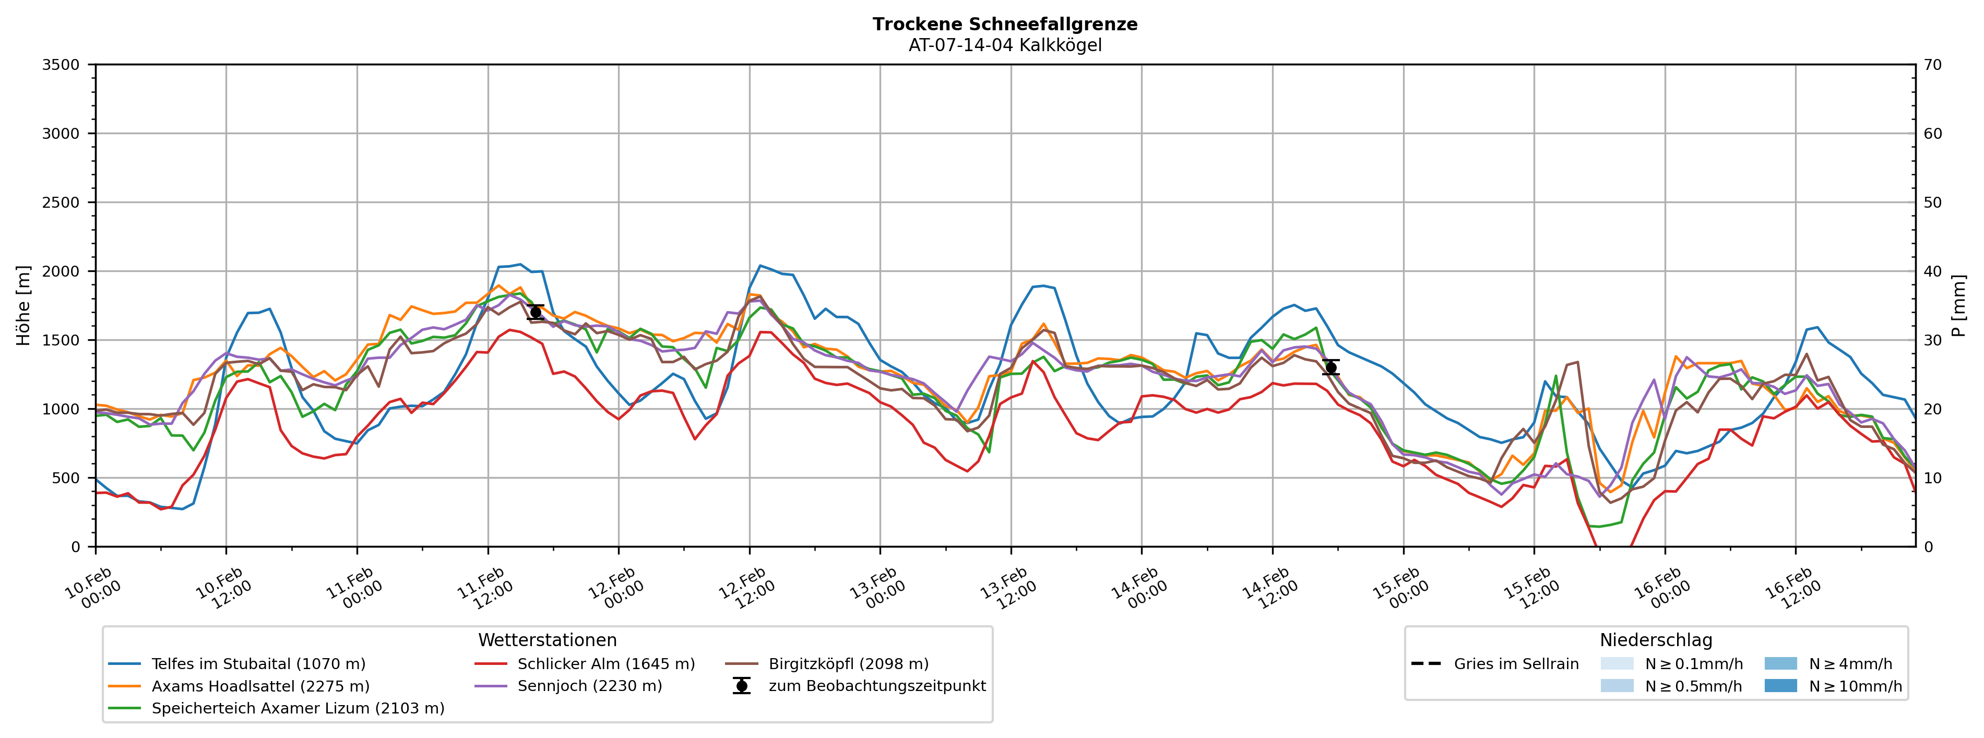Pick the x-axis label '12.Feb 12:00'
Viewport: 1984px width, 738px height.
click(745, 589)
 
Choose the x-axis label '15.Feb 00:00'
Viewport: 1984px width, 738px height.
click(1399, 589)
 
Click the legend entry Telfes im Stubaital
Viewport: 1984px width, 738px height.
click(258, 664)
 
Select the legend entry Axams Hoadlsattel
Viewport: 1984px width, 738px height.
click(260, 686)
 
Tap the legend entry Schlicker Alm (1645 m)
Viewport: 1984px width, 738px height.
click(605, 664)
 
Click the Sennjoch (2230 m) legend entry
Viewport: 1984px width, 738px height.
click(589, 686)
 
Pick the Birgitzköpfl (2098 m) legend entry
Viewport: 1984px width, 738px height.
click(848, 664)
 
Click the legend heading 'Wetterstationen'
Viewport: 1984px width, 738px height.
click(547, 640)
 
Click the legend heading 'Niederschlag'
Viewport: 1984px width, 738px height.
click(1655, 640)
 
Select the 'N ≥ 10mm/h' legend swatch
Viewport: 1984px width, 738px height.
click(1780, 686)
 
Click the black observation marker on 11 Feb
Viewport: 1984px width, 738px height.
click(536, 312)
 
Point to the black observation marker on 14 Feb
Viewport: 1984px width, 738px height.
click(1330, 367)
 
